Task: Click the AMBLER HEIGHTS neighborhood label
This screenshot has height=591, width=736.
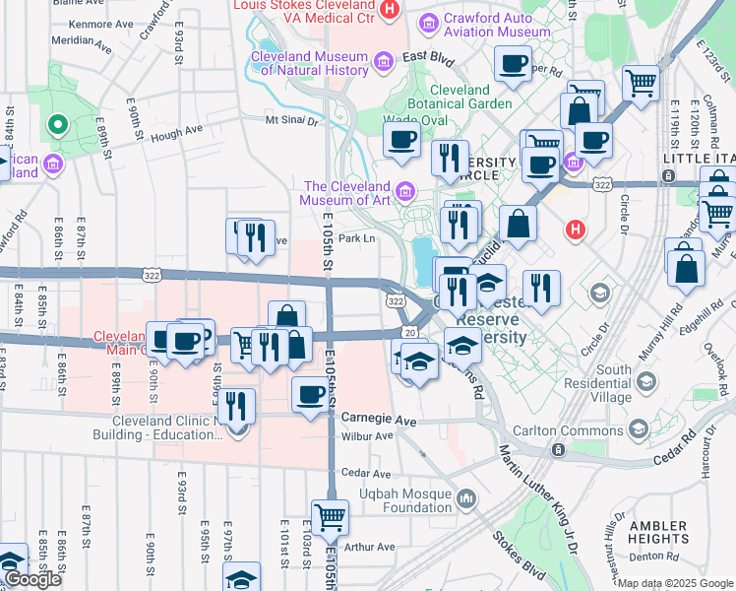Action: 658,533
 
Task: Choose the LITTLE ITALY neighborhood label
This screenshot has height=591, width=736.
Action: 698,159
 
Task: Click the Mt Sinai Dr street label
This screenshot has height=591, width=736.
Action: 292,121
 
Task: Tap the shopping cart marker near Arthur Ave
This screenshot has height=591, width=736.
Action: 330,516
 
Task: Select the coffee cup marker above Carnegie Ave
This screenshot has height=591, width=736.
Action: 311,395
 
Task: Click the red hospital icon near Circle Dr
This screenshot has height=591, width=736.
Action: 576,230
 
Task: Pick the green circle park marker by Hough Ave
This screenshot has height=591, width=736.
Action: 57,124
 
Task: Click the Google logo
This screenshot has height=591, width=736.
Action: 32,579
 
